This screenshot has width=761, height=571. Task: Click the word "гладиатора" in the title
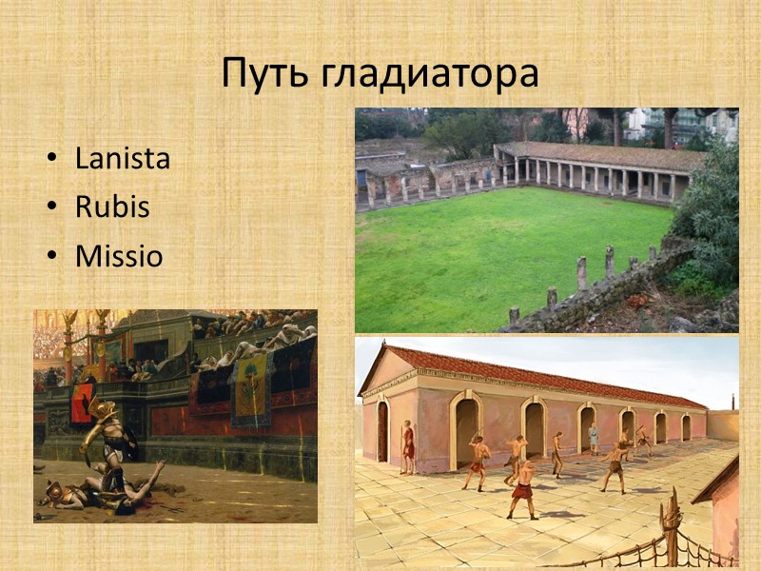pos(429,74)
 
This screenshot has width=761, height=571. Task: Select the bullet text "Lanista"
pos(123,159)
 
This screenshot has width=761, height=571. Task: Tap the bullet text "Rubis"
pos(112,207)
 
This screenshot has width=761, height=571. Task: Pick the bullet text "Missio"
pos(119,256)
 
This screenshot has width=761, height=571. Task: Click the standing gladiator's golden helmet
pos(102,411)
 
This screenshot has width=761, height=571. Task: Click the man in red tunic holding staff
pos(408,445)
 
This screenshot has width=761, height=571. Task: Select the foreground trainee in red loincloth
pos(522,489)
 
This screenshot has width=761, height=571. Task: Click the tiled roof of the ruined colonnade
pos(609,155)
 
